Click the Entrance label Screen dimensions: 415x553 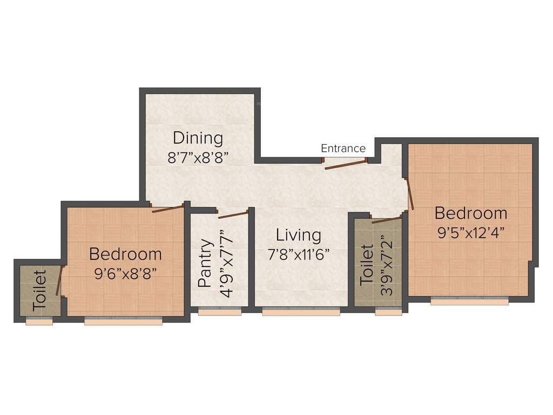(343, 148)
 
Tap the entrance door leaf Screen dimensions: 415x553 (346, 164)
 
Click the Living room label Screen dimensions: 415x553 (298, 235)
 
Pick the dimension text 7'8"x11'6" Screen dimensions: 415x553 (298, 255)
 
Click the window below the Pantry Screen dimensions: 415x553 (219, 311)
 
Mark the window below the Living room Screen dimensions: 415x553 (301, 311)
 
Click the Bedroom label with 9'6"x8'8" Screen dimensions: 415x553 (125, 253)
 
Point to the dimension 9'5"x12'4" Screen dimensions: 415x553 (471, 233)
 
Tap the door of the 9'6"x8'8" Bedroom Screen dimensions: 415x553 (168, 209)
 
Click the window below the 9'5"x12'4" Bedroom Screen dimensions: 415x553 (469, 302)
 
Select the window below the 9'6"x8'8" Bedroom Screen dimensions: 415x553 (123, 321)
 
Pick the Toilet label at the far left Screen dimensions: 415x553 (39, 290)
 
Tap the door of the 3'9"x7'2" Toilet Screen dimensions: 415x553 (387, 219)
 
